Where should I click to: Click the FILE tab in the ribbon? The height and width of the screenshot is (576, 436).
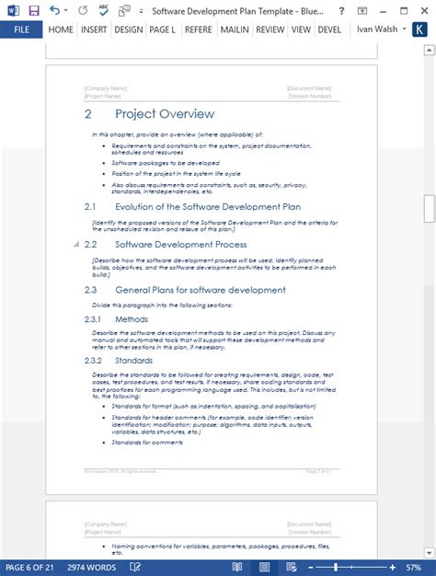pos(21,29)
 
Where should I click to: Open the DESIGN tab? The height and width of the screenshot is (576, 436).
pos(129,29)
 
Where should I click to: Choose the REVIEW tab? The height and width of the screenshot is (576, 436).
pos(270,29)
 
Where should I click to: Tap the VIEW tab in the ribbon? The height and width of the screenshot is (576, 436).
pos(301,29)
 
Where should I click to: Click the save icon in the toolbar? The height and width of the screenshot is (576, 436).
pos(34,10)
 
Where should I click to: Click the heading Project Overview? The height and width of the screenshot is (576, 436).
pos(165,114)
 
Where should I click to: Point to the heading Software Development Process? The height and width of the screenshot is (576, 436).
pos(180,245)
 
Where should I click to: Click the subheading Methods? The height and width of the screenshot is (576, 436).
pos(132,319)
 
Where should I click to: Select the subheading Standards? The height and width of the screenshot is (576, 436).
pos(134,361)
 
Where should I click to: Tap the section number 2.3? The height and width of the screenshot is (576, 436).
pos(90,290)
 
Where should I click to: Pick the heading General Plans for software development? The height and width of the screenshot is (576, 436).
pos(200,290)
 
